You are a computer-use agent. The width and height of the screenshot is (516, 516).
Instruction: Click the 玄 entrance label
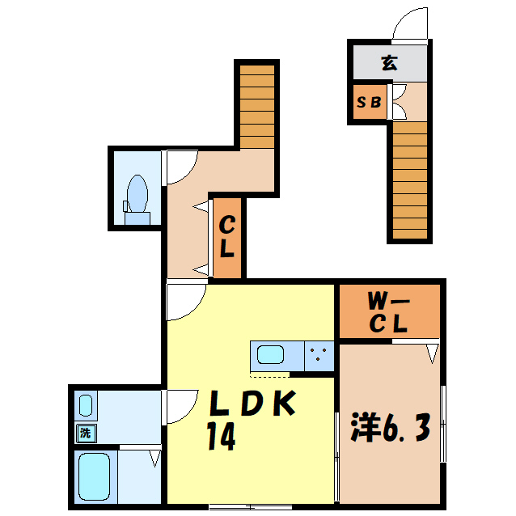tap(390, 62)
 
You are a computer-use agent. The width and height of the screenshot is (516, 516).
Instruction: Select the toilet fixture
tap(137, 200)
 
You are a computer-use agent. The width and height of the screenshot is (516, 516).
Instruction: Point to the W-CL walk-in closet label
tap(389, 312)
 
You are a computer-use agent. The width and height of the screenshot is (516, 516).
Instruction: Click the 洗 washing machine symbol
tap(85, 433)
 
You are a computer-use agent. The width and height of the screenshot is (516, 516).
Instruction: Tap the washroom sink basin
tap(86, 404)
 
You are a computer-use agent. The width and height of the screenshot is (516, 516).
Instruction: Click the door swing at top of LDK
tap(184, 301)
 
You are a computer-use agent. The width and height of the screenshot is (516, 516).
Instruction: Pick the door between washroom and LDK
tap(181, 406)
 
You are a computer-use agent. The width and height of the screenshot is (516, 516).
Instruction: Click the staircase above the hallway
tap(258, 105)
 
